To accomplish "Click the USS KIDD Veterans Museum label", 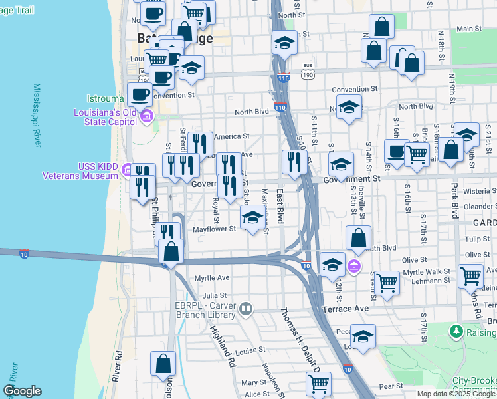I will click(x=80, y=171).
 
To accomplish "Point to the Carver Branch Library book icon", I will click(x=246, y=308).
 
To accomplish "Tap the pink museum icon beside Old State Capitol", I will click(x=147, y=118).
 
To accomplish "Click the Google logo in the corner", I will click(x=22, y=390).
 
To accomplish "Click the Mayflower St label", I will click(x=214, y=229).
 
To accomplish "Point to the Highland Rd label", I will click(x=223, y=346).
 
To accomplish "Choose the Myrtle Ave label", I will click(x=211, y=277).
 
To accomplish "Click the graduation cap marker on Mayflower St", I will click(x=252, y=217).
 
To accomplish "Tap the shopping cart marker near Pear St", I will click(x=318, y=384).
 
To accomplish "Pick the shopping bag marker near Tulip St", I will click(x=358, y=238).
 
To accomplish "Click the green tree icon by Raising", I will click(x=456, y=331).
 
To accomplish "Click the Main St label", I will click(x=469, y=29).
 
